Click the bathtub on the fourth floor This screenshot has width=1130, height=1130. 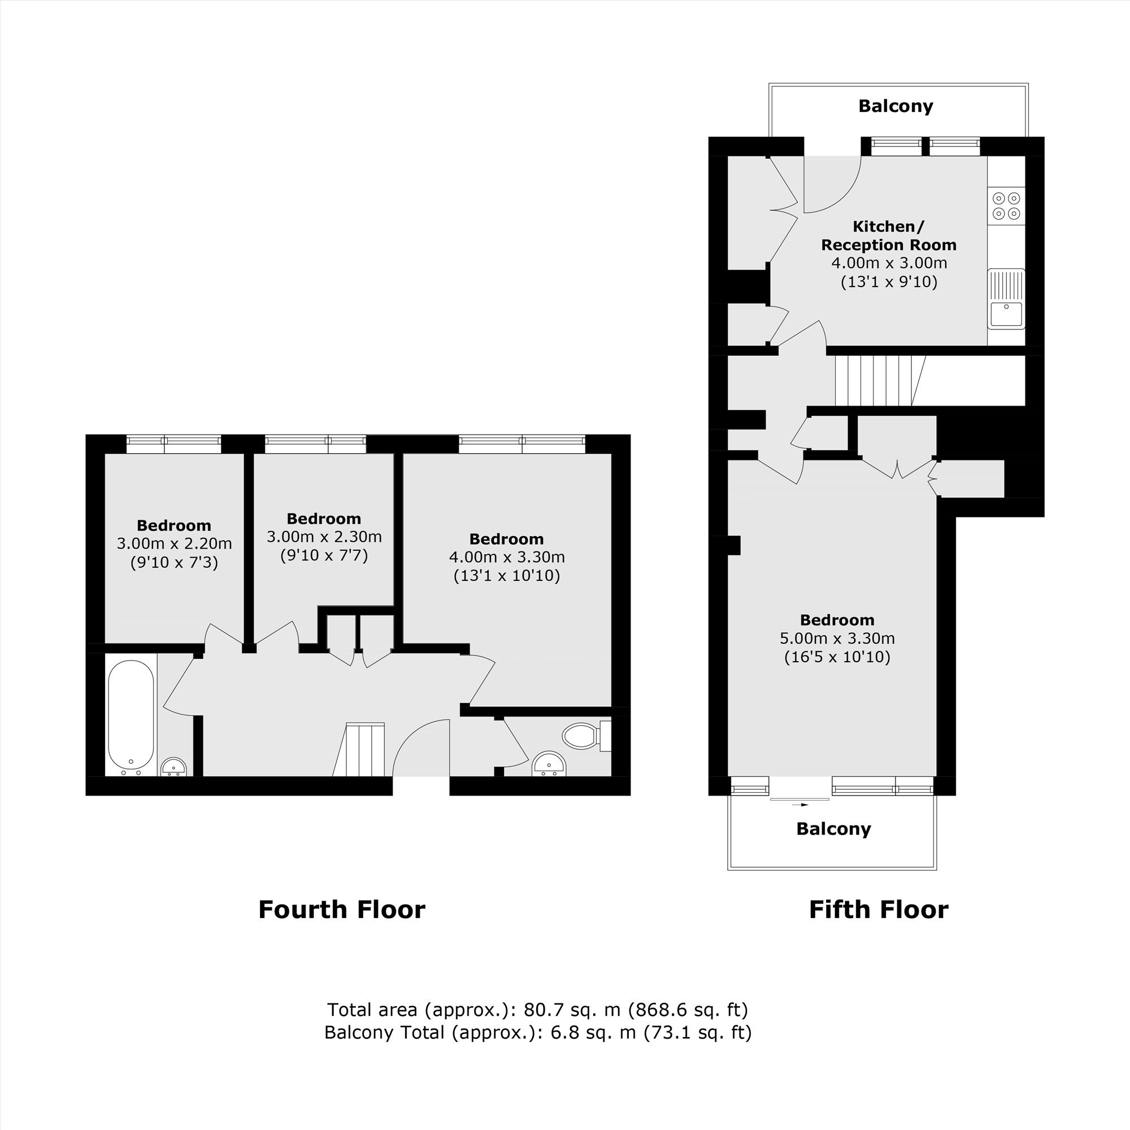click(x=131, y=717)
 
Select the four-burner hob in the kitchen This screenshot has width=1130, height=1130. click(x=1006, y=206)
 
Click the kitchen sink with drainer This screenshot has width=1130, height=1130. click(x=1006, y=299)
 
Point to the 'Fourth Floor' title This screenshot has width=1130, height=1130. click(x=342, y=910)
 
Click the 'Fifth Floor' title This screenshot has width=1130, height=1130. click(x=879, y=910)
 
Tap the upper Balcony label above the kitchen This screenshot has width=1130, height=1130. click(x=896, y=106)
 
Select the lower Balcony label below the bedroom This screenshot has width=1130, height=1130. click(x=833, y=829)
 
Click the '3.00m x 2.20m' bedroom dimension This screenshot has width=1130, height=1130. click(x=174, y=544)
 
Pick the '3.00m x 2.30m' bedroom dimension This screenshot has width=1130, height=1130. click(x=324, y=536)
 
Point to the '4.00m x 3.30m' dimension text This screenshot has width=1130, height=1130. click(x=506, y=557)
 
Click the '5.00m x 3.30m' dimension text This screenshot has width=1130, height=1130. click(x=837, y=638)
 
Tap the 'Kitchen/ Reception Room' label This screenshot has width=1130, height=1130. click(x=888, y=235)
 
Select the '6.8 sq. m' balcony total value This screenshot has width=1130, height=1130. click(x=593, y=1032)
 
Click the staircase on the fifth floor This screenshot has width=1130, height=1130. click(x=880, y=381)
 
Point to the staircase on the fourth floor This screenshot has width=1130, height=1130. click(x=359, y=750)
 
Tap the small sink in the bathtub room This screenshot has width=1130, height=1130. click(x=173, y=767)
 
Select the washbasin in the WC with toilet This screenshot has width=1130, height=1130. click(x=549, y=764)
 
